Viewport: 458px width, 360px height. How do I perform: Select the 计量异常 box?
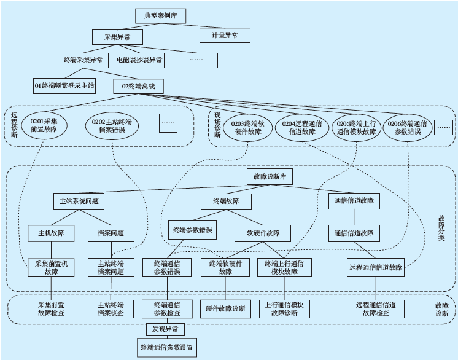(225, 35)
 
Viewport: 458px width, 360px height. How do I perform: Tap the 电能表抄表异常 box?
(139, 60)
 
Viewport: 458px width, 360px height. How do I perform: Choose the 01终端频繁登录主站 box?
(64, 85)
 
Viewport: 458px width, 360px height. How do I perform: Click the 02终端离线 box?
(138, 86)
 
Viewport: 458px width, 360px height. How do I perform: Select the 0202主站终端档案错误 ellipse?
(112, 126)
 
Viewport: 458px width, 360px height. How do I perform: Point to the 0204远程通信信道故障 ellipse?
(303, 128)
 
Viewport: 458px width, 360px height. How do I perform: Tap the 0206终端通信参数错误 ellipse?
(408, 127)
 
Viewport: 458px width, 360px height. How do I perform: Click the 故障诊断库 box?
(270, 176)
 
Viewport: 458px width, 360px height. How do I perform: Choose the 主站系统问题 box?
(78, 201)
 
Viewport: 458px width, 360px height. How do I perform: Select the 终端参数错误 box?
(191, 230)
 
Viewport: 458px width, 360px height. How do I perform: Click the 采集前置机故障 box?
(51, 267)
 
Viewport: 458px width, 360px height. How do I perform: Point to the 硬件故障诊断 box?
(225, 308)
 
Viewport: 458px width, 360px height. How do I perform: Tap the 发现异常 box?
(165, 330)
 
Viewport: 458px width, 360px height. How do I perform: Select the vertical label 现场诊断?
(217, 126)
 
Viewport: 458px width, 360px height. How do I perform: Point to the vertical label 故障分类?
(441, 228)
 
